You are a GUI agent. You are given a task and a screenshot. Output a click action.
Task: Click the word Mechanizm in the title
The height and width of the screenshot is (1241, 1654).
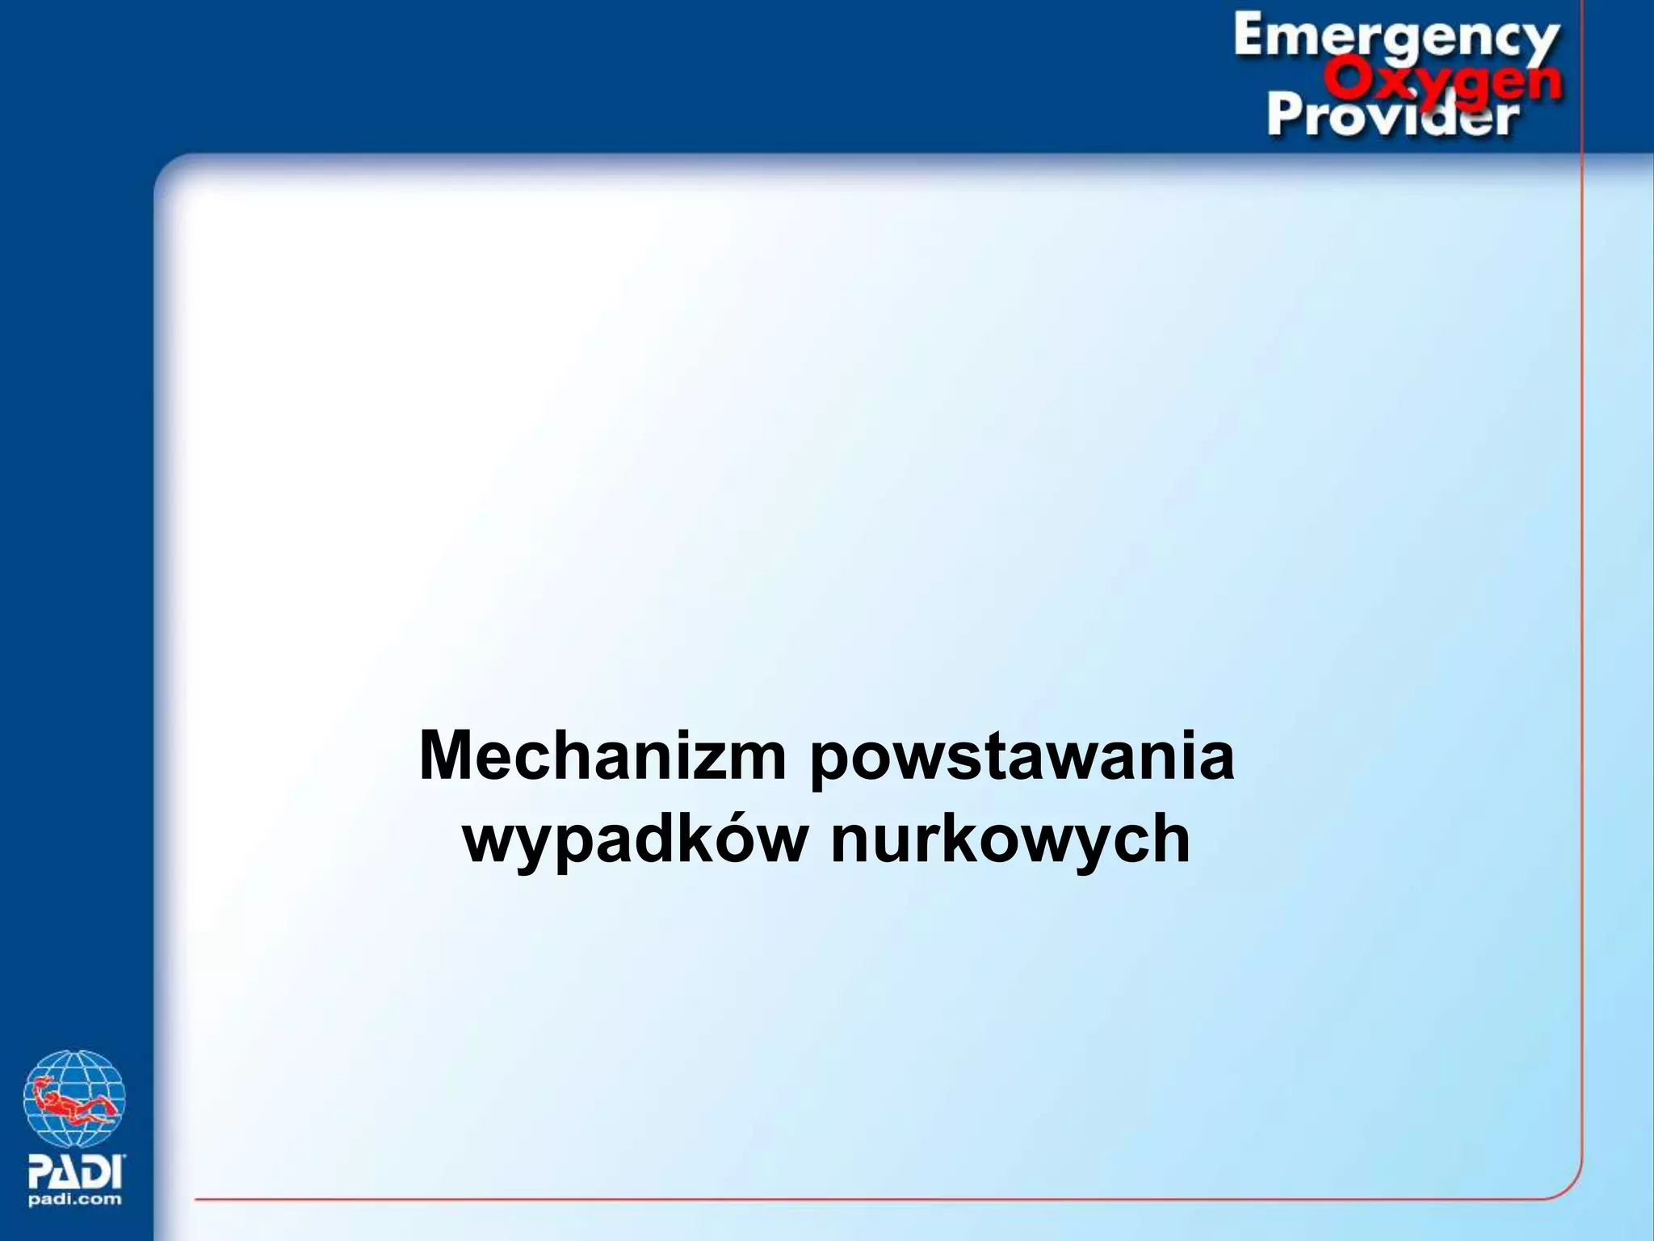pyautogui.click(x=602, y=756)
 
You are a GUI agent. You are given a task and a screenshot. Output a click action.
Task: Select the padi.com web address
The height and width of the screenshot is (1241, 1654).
pyautogui.click(x=76, y=1199)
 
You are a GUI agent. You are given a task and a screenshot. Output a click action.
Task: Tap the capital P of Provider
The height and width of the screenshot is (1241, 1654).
pyautogui.click(x=1283, y=118)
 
